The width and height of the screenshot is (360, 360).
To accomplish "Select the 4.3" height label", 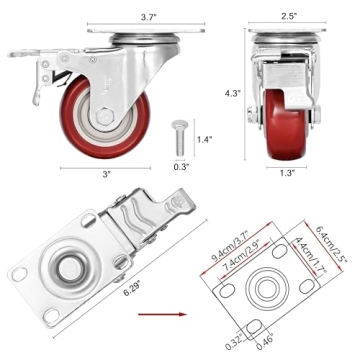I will pyautogui.click(x=233, y=93).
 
